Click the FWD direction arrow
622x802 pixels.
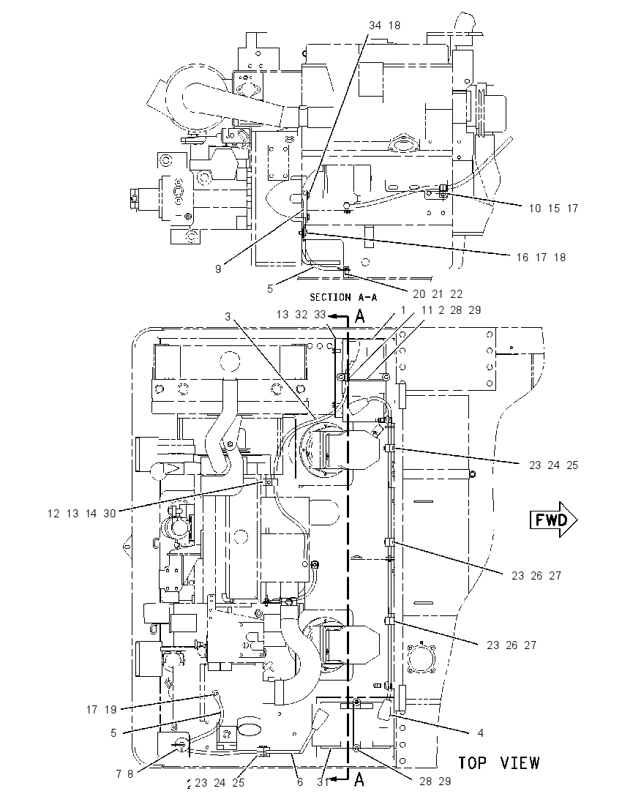pyautogui.click(x=553, y=520)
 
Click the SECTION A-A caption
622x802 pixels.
pyautogui.click(x=343, y=297)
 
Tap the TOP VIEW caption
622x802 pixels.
pyautogui.click(x=499, y=763)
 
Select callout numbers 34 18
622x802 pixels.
pyautogui.click(x=385, y=25)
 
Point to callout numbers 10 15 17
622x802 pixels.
pyautogui.click(x=553, y=208)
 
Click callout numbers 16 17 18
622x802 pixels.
pyautogui.click(x=542, y=258)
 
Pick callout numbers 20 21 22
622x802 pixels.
pyautogui.click(x=438, y=294)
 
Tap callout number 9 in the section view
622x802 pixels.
pyautogui.click(x=218, y=269)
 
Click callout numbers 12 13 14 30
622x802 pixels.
pyautogui.click(x=82, y=514)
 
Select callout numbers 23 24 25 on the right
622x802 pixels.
pyautogui.click(x=553, y=465)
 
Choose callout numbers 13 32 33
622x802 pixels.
pyautogui.click(x=301, y=315)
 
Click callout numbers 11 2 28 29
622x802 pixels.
pyautogui.click(x=451, y=310)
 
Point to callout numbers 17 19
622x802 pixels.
pyautogui.click(x=101, y=709)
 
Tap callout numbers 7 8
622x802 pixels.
pyautogui.click(x=124, y=774)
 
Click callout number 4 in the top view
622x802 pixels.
pyautogui.click(x=480, y=733)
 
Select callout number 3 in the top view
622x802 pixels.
pyautogui.click(x=228, y=317)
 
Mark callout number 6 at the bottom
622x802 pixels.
pyautogui.click(x=300, y=782)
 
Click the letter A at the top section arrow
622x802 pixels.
pyautogui.click(x=360, y=317)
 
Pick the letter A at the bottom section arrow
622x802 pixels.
pyautogui.click(x=359, y=779)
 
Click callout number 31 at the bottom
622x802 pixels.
pyautogui.click(x=322, y=782)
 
